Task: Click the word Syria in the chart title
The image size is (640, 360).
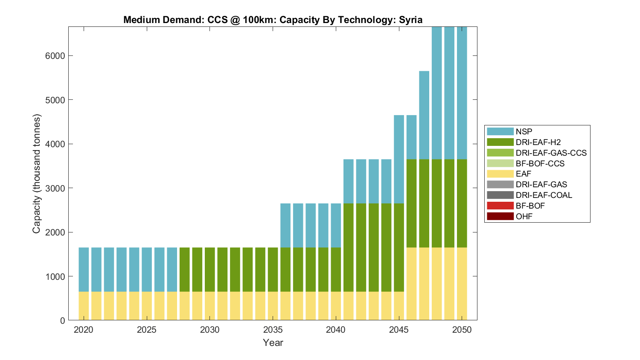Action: tap(410, 20)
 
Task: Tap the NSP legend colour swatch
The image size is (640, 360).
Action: tap(500, 131)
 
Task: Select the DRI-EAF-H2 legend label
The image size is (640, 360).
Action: tap(538, 142)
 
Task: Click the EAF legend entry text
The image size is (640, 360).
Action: tap(524, 174)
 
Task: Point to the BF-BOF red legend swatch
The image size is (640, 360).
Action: tap(500, 206)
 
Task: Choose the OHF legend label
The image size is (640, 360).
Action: tap(524, 216)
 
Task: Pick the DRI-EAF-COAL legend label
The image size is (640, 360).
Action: tap(544, 195)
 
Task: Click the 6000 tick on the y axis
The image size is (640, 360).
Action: tap(55, 56)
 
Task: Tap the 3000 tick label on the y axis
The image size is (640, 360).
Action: tap(55, 188)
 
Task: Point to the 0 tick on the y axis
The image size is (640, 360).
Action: tap(62, 321)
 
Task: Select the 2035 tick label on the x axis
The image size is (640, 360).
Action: tap(273, 330)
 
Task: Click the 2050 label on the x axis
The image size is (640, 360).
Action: tap(462, 330)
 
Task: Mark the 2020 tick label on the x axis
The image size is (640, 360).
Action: tap(84, 330)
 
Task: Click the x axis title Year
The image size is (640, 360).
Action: tap(273, 343)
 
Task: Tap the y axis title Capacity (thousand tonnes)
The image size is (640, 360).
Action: tap(37, 174)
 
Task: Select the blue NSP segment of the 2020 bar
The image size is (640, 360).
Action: tap(84, 270)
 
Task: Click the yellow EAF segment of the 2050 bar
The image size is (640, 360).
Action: tap(462, 284)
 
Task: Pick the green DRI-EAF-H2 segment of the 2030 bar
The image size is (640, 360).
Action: tap(210, 270)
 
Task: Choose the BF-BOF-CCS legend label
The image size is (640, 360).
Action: tap(540, 163)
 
